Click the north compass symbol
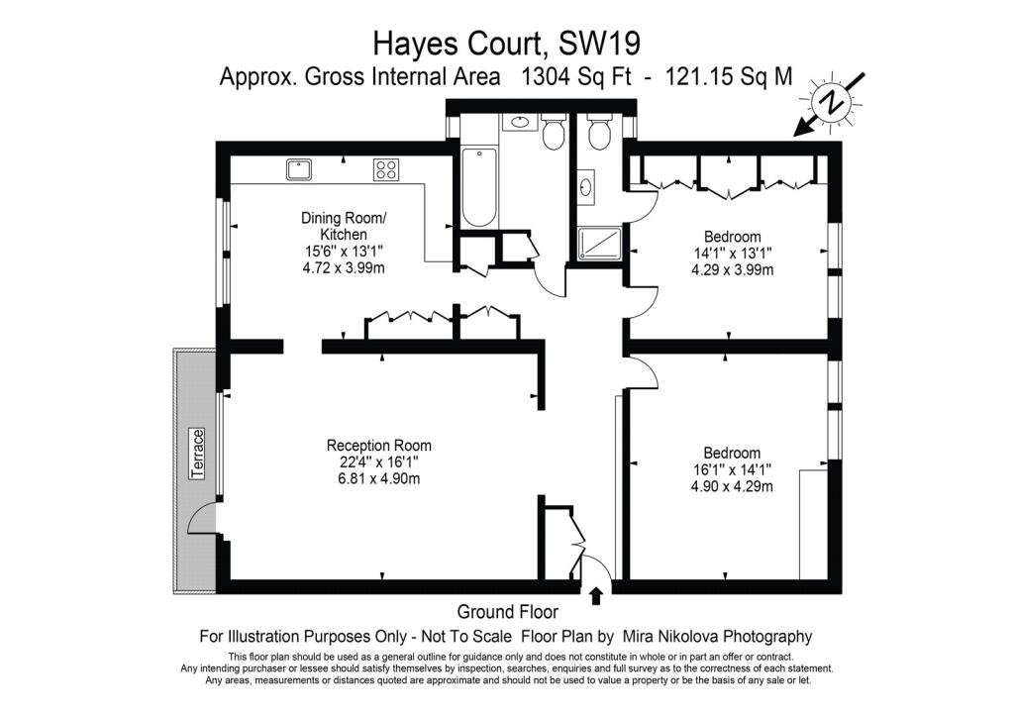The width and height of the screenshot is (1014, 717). [x=832, y=103]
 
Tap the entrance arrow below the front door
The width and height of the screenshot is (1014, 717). [x=596, y=595]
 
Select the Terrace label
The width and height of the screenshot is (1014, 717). [x=198, y=454]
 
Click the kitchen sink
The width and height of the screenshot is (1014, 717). [x=299, y=169]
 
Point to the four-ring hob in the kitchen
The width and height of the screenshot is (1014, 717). [x=386, y=169]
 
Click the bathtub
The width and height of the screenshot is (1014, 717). [x=479, y=187]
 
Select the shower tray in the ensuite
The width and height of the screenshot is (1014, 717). [x=599, y=244]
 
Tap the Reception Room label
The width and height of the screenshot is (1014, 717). [x=379, y=446]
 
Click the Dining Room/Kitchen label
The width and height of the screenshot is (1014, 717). [x=344, y=226]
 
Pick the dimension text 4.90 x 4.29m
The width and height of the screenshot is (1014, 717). [x=732, y=486]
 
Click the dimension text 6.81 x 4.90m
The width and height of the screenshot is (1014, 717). [x=379, y=478]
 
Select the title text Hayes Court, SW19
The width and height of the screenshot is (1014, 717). [x=507, y=44]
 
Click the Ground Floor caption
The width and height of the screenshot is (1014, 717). [x=508, y=612]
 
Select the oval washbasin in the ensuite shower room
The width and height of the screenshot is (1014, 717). [x=586, y=187]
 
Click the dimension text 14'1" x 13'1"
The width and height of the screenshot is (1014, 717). [x=732, y=253]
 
